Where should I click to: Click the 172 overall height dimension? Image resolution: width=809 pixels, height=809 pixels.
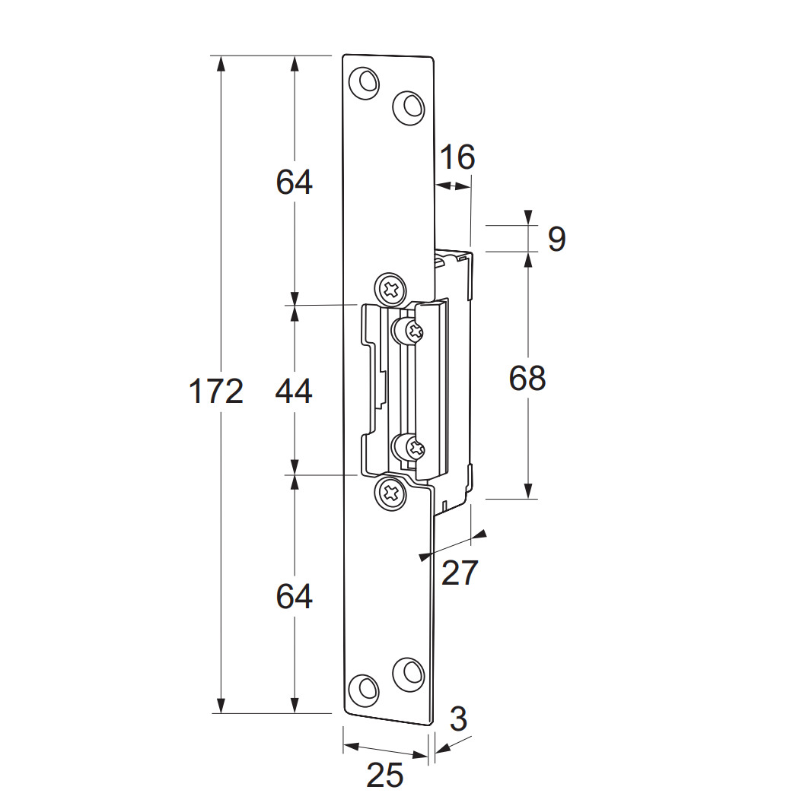pyautogui.click(x=216, y=391)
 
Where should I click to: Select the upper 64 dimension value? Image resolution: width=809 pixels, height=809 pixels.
pyautogui.click(x=294, y=182)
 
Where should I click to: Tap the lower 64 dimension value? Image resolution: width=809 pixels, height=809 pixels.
pyautogui.click(x=294, y=596)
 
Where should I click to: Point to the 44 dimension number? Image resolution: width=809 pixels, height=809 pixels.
pyautogui.click(x=294, y=391)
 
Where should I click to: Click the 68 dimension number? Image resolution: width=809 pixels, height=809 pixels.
pyautogui.click(x=527, y=378)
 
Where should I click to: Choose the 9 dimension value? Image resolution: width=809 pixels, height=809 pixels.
pyautogui.click(x=556, y=239)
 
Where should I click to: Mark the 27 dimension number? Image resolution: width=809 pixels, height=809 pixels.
pyautogui.click(x=460, y=573)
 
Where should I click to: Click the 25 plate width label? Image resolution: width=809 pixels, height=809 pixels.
pyautogui.click(x=384, y=775)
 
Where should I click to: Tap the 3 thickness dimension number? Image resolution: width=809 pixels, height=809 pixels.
pyautogui.click(x=458, y=719)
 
